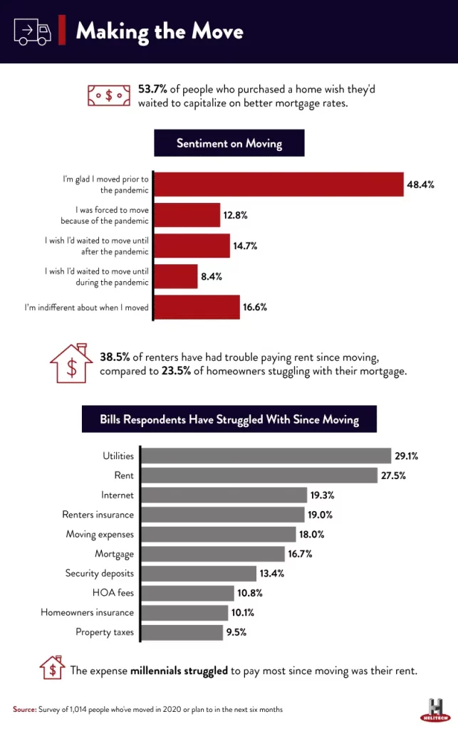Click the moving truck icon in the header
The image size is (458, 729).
point(31,31)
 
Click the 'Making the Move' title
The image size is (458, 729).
point(160,31)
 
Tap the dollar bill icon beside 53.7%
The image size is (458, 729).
point(108,95)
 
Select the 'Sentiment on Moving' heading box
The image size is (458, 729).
point(229,143)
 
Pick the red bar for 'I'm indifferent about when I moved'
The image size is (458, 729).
point(197,308)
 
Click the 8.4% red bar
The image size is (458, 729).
point(176,276)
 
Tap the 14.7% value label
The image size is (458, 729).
point(244,246)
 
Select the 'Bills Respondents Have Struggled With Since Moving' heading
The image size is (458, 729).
point(229,419)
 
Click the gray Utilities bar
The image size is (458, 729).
point(266,456)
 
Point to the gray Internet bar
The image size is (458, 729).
point(224,495)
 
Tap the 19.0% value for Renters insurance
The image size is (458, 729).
point(319,515)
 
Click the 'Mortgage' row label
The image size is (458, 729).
point(114,554)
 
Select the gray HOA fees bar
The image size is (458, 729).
point(188,593)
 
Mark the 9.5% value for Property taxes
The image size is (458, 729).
point(237,632)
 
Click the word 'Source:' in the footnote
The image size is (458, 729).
point(24,709)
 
